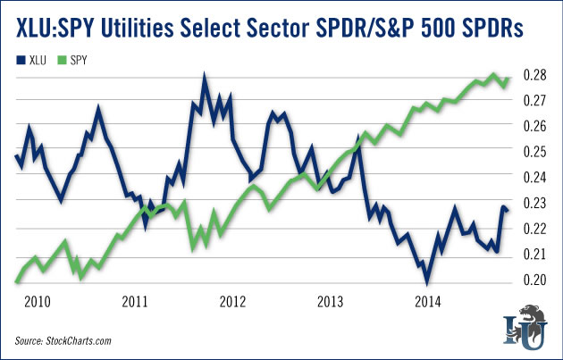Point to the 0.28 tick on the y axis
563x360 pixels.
(x=534, y=75)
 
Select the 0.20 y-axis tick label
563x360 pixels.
(x=534, y=280)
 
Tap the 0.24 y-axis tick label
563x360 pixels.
(x=534, y=178)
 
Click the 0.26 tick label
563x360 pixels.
(x=534, y=126)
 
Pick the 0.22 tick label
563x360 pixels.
(x=534, y=230)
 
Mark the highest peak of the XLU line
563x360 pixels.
(x=204, y=76)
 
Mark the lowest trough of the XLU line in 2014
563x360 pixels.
(x=426, y=280)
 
